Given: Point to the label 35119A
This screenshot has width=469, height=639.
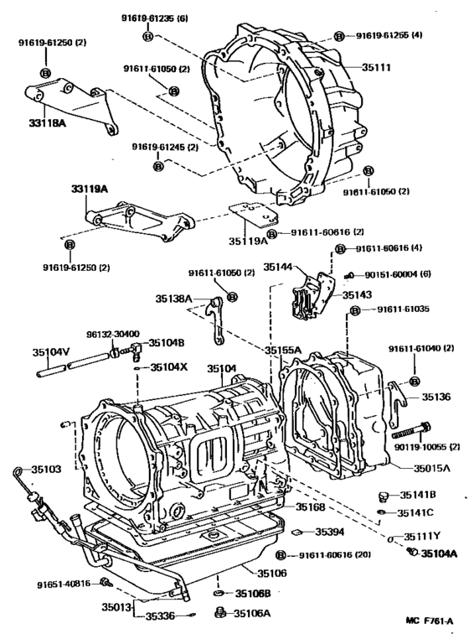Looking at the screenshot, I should tap(248, 239).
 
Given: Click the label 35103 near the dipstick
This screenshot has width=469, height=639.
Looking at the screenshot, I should tap(45, 470).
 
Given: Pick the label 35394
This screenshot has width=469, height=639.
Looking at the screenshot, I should tap(330, 531).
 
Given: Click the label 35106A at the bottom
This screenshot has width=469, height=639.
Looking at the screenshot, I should tap(252, 613).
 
